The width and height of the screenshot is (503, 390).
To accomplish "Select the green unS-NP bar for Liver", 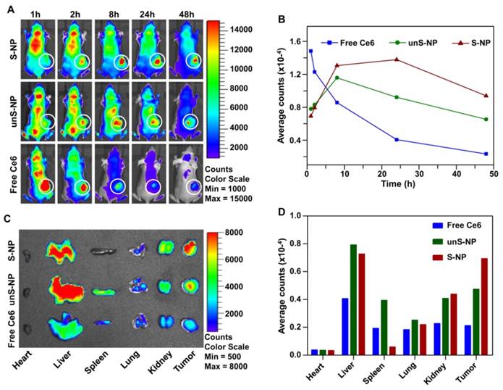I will (x=352, y=299).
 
